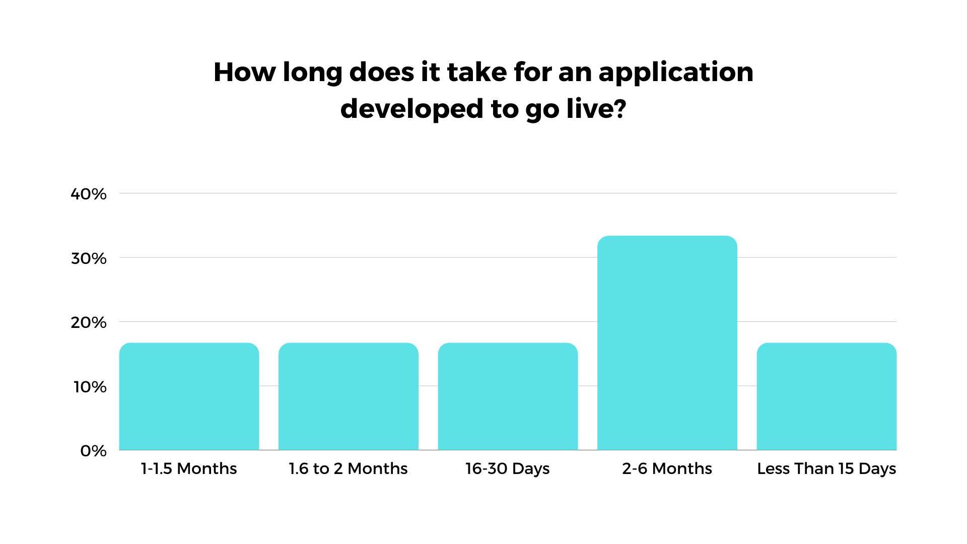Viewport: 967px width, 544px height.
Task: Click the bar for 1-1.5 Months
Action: (189, 396)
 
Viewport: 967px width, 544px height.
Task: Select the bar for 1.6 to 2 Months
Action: (349, 396)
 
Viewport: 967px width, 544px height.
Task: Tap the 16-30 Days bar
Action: (508, 396)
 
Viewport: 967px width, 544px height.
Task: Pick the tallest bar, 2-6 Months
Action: (667, 343)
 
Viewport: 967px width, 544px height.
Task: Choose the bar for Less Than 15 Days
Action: (826, 396)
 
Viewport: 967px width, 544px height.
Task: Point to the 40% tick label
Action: (89, 194)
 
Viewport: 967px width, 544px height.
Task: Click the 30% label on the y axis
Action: (89, 258)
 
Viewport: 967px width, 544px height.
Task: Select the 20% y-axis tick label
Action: (89, 322)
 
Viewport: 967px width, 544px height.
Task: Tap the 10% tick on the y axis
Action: (90, 387)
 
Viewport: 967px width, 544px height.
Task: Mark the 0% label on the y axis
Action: (93, 451)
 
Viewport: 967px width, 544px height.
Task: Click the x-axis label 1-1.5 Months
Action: (189, 468)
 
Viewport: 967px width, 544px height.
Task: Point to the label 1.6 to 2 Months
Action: (348, 468)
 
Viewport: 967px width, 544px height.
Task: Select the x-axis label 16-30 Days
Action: (508, 469)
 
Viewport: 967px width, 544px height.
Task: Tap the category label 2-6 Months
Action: (667, 468)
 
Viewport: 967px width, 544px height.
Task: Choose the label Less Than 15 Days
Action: (826, 469)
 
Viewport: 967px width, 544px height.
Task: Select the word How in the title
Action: (245, 72)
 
